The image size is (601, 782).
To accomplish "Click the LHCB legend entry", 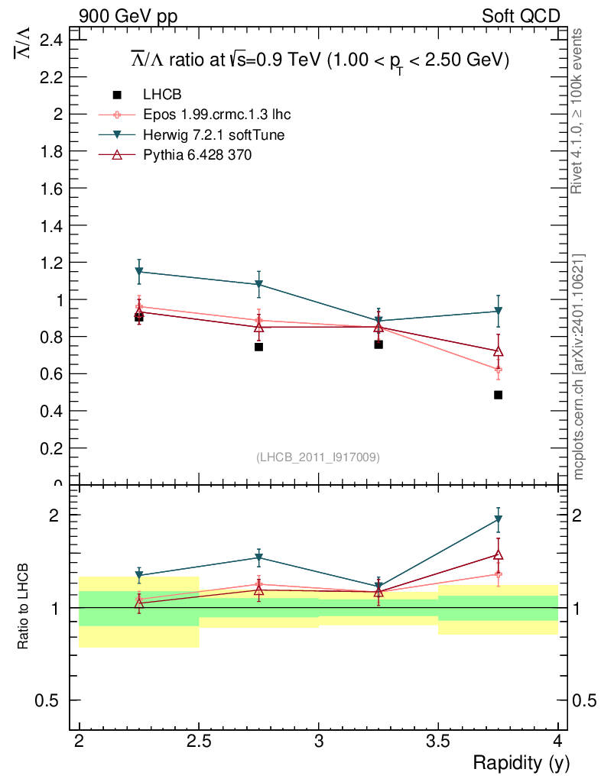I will [161, 95].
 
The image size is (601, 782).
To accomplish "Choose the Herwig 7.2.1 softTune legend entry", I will [215, 134].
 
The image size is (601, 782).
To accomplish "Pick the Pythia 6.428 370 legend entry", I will [197, 154].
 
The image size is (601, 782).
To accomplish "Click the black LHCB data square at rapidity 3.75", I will [498, 395].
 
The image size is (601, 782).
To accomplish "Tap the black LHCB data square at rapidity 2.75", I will [258, 347].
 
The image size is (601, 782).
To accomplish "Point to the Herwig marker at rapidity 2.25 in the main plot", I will [139, 271].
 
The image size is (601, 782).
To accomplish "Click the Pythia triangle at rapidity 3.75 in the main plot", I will [498, 352].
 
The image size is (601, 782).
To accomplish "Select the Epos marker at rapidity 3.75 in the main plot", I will [498, 370].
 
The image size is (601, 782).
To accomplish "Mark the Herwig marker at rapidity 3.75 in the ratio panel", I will [498, 519].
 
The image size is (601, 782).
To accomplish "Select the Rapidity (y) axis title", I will [521, 762].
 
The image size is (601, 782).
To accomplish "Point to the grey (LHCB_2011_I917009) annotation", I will [318, 457].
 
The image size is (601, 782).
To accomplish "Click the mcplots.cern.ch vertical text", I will [579, 367].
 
